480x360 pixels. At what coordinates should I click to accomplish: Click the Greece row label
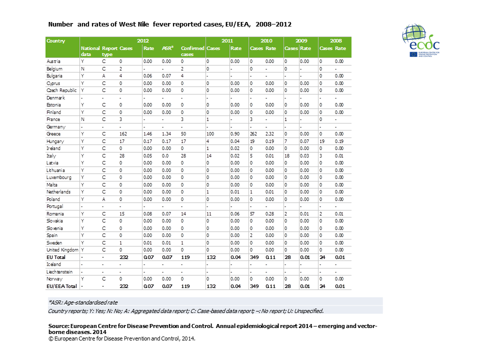[x=53, y=134]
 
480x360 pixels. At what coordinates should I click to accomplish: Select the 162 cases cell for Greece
[x=124, y=134]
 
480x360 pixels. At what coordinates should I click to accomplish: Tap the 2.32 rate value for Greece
[x=270, y=134]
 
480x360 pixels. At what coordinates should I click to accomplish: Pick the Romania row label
[x=55, y=213]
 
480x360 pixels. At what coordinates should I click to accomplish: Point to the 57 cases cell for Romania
[x=253, y=213]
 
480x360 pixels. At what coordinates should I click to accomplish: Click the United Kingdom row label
[x=62, y=249]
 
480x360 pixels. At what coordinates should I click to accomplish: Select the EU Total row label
[x=56, y=257]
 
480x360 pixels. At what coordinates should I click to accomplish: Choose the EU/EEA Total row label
[x=61, y=286]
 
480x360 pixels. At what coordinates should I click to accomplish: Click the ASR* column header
[x=167, y=48]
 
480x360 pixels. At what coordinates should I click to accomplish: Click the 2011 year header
[x=226, y=40]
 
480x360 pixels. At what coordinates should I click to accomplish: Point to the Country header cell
[x=55, y=40]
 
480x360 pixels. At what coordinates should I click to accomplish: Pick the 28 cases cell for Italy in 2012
[x=122, y=155]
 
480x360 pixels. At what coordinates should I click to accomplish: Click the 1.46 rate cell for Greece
[x=148, y=134]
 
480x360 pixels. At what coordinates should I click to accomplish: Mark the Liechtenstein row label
[x=59, y=271]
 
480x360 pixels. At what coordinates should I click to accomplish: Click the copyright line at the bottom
[x=121, y=338]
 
